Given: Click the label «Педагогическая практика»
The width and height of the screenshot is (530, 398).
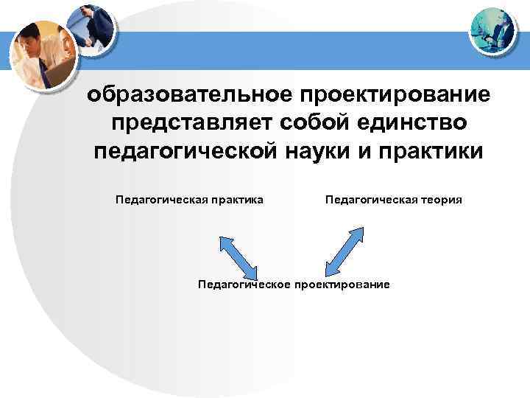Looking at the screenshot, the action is pos(189,199).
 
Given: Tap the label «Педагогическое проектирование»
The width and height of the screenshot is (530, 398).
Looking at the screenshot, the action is pos(294,284).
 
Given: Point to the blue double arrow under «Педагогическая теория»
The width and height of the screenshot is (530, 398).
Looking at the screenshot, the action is pos(345,250).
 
